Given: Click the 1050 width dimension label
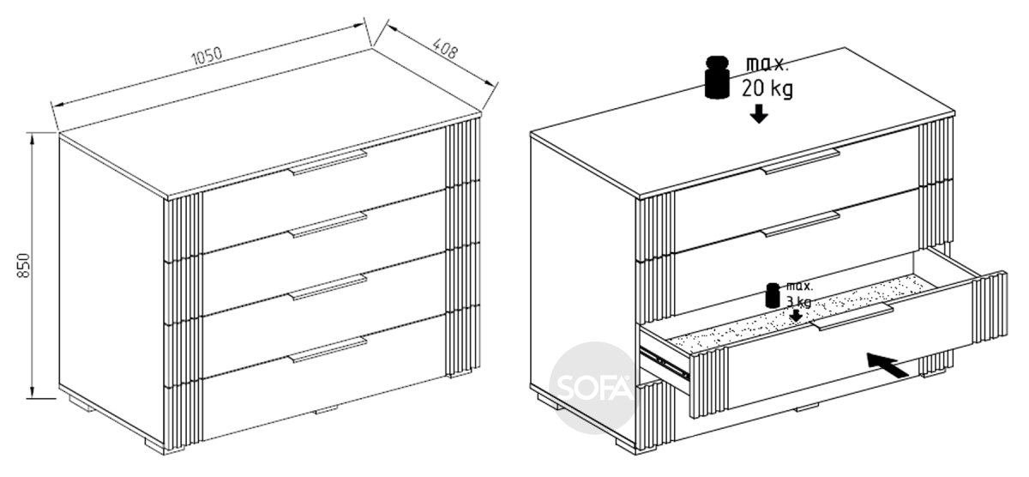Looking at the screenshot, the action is [x=207, y=56].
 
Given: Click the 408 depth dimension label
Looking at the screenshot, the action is [x=445, y=50].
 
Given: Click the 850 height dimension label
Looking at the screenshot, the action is [x=23, y=265].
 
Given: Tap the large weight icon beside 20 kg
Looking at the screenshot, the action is [x=717, y=77].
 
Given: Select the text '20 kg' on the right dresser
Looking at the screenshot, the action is [x=767, y=88].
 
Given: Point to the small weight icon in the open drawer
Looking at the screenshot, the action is [x=773, y=295].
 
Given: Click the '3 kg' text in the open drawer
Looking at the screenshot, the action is [x=799, y=302].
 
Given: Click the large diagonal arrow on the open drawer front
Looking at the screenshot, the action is [x=887, y=365].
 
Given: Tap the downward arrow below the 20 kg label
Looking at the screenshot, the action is [x=759, y=113].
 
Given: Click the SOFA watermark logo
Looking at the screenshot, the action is [x=593, y=388].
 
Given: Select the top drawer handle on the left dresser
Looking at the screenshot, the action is [x=328, y=162].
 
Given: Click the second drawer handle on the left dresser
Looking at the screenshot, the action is [x=328, y=225].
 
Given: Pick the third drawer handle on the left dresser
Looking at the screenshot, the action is [x=328, y=287].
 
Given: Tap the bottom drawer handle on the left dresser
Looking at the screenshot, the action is [x=328, y=350].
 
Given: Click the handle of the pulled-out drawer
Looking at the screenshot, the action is [x=852, y=317].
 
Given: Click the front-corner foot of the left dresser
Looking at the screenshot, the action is [x=153, y=444].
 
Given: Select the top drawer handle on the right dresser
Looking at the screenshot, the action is [x=800, y=161].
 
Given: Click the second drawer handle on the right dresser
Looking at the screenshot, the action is [x=800, y=224].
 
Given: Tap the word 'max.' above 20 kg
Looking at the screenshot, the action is [x=767, y=65].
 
